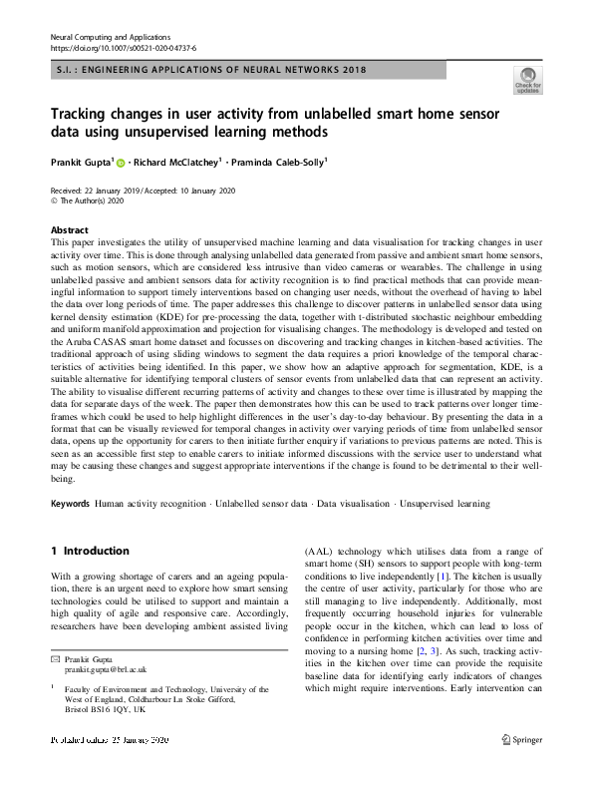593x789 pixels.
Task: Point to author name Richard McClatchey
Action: coord(175,160)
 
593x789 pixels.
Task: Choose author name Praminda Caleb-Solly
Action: coord(278,160)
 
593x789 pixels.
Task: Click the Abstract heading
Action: coord(69,228)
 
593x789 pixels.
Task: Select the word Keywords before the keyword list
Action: coord(70,504)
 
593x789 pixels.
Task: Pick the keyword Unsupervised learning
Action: coord(444,504)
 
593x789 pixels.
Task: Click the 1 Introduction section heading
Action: coord(90,551)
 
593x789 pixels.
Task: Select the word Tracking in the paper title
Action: coord(85,113)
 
